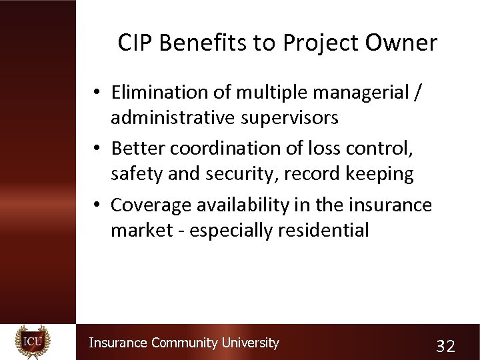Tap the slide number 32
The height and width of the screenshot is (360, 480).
[445, 346]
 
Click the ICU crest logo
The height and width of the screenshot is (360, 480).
[33, 342]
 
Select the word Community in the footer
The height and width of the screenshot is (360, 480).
[184, 343]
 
